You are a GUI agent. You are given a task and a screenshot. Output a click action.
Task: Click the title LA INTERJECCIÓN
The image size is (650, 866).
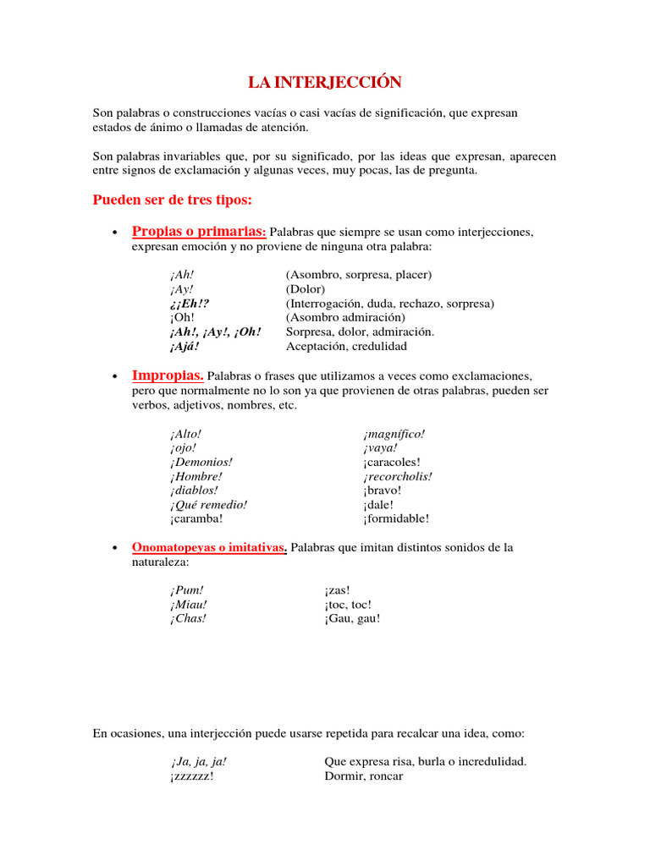pyautogui.click(x=324, y=82)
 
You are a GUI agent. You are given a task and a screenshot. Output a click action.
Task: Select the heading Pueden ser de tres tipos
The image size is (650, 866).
pyautogui.click(x=172, y=200)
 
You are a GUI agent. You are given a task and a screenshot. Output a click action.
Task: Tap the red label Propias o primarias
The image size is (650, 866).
pyautogui.click(x=199, y=232)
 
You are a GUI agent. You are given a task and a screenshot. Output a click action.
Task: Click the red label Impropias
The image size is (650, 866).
pyautogui.click(x=168, y=375)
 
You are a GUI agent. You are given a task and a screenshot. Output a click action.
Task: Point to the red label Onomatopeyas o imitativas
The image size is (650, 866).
pyautogui.click(x=209, y=548)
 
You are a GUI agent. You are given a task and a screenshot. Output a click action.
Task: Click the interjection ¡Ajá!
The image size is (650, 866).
pyautogui.click(x=184, y=347)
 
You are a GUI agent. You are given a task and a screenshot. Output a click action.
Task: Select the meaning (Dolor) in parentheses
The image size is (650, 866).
pyautogui.click(x=306, y=289)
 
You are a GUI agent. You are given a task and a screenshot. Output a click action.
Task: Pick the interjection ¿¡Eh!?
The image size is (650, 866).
pyautogui.click(x=189, y=304)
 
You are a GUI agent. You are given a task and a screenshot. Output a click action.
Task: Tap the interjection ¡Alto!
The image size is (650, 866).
pyautogui.click(x=185, y=434)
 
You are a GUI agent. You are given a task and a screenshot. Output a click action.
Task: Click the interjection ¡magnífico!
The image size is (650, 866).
pyautogui.click(x=394, y=434)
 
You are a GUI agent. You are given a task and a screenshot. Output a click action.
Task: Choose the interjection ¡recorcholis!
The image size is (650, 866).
pyautogui.click(x=398, y=476)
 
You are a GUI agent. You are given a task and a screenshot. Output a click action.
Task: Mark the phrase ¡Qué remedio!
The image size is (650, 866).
pyautogui.click(x=208, y=505)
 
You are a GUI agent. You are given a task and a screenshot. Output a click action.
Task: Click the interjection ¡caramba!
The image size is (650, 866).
pyautogui.click(x=196, y=519)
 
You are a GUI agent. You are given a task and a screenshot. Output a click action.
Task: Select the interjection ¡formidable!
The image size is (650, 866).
pyautogui.click(x=396, y=519)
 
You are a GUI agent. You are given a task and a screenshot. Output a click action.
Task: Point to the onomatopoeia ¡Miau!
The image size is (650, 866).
pyautogui.click(x=188, y=605)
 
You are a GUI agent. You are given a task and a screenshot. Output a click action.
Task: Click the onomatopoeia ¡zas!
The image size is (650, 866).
pyautogui.click(x=337, y=590)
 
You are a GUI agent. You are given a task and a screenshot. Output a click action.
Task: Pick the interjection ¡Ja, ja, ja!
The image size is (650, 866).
pyautogui.click(x=198, y=762)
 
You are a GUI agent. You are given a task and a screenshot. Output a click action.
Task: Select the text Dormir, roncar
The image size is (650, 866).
pyautogui.click(x=364, y=776)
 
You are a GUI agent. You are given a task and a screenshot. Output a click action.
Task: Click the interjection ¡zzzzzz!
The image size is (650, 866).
pyautogui.click(x=191, y=776)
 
